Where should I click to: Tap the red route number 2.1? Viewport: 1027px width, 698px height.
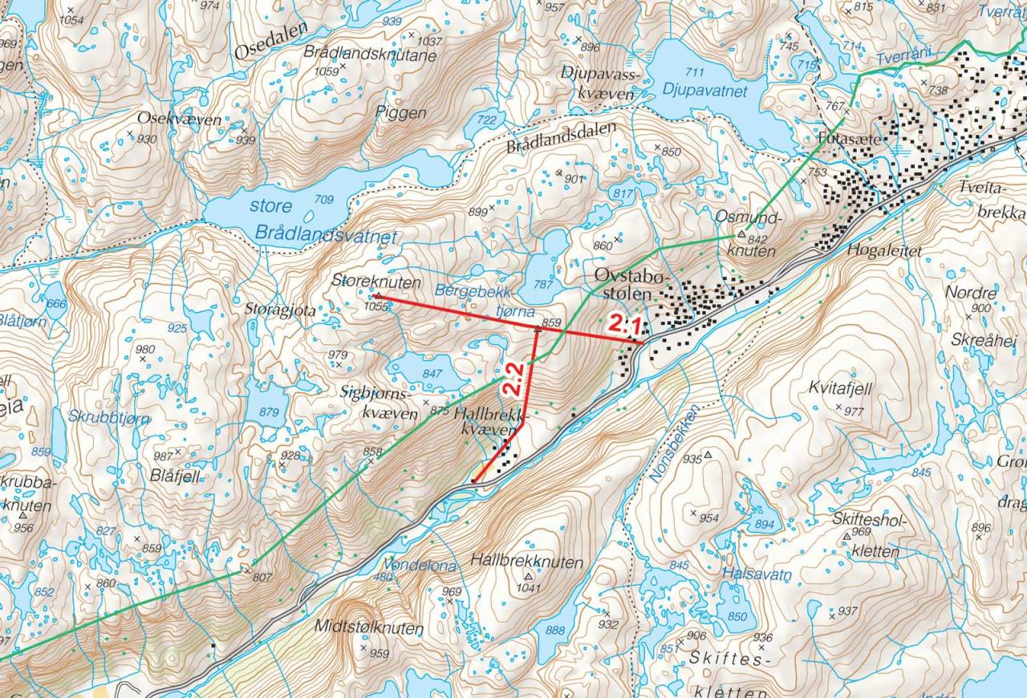[623, 325]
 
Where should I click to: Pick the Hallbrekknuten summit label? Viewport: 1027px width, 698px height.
[527, 562]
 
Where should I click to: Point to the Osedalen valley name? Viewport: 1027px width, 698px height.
[271, 51]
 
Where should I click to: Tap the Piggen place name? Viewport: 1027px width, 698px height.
[401, 113]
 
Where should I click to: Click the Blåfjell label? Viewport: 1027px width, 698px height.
[173, 475]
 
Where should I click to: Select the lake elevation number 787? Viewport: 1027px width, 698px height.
[546, 283]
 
